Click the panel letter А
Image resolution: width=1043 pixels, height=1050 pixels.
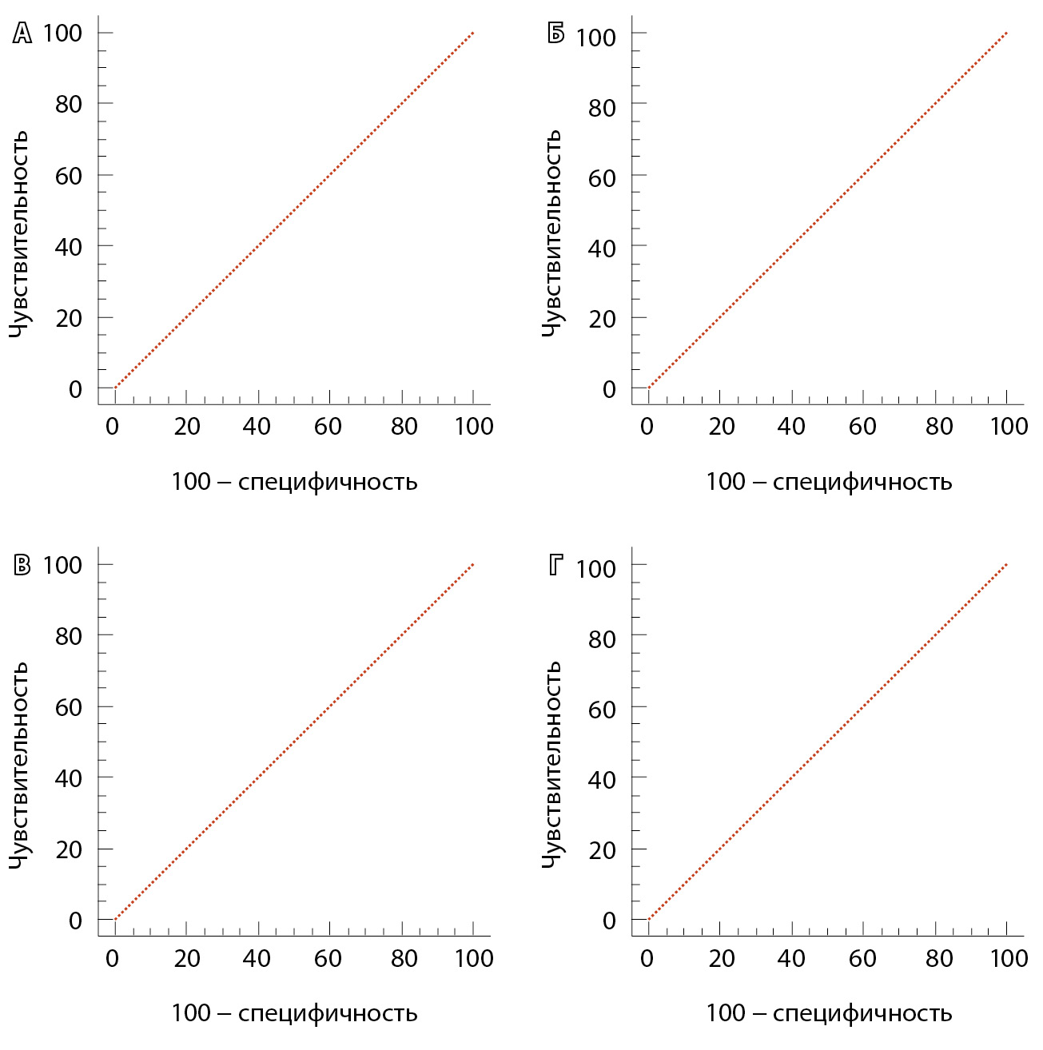coord(22,34)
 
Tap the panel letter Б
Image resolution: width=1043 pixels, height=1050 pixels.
coord(556,34)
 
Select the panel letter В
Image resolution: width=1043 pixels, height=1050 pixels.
coord(22,566)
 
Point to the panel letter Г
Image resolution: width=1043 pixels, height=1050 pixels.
coord(556,566)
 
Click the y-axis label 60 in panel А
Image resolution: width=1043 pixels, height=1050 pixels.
coord(69,176)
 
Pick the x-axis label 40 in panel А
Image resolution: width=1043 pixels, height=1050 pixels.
coord(257,427)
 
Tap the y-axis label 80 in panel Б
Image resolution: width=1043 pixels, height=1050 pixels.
coord(602,108)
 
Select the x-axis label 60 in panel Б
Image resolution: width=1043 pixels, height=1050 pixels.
coord(862,427)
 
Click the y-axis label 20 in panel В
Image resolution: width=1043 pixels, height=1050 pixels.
coord(69,849)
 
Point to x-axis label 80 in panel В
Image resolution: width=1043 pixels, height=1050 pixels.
coord(404,958)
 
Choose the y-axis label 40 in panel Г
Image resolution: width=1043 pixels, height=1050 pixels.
coord(602,780)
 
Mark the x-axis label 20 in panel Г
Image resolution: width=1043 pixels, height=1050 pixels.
coord(721,958)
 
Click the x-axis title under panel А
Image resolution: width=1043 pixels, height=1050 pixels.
coord(294,482)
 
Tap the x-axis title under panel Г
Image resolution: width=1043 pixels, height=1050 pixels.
coord(829,1013)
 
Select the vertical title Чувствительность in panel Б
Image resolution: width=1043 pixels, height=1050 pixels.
coord(552,233)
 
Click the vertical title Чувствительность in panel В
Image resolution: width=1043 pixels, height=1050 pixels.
coord(19,765)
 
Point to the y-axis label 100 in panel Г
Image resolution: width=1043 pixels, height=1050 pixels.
coord(595,569)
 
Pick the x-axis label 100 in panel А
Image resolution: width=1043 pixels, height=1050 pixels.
coord(474,427)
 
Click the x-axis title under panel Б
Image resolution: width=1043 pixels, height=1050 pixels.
coord(829,482)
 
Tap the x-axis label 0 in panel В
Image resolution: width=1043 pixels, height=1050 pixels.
coord(112,958)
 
